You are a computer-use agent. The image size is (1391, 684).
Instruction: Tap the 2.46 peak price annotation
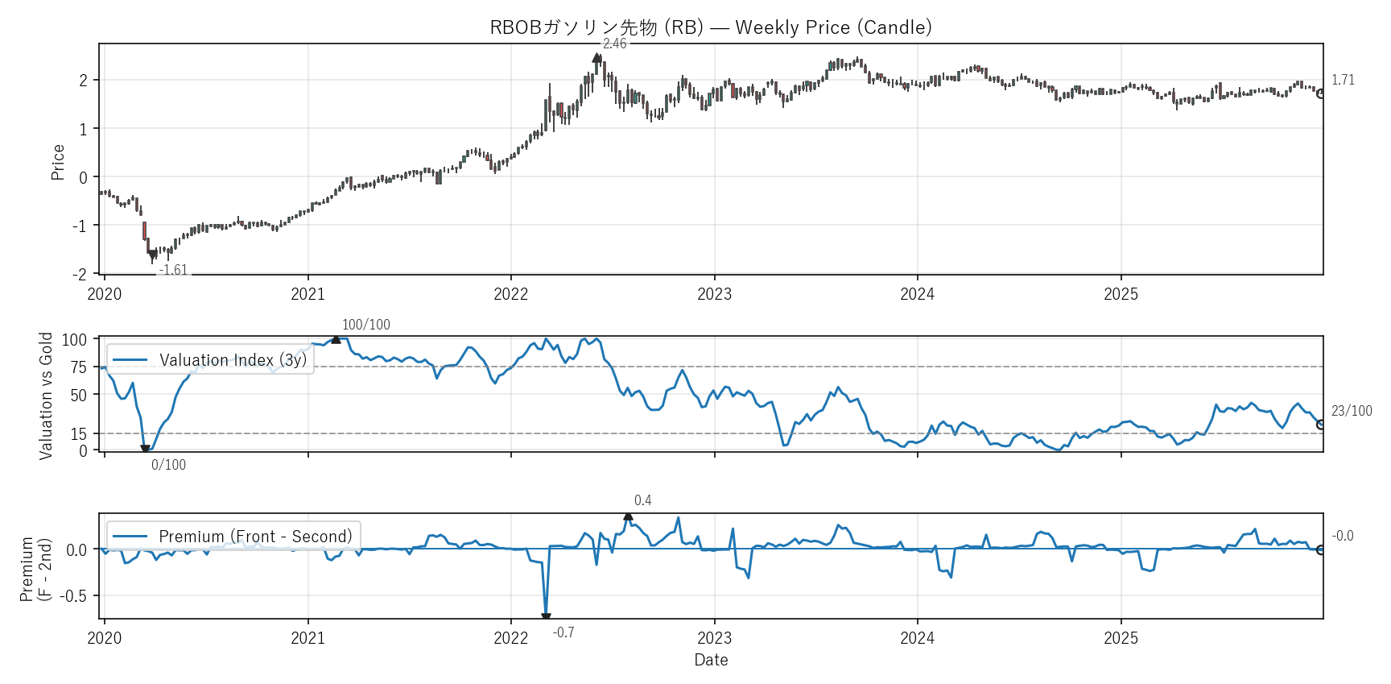coord(614,44)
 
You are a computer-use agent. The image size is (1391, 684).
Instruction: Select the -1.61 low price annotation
coord(173,271)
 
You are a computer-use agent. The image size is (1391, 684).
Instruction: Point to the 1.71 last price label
coord(1343,80)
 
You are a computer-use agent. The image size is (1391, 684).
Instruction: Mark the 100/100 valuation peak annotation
coord(365,325)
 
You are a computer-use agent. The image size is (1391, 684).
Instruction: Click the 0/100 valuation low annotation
coord(168,465)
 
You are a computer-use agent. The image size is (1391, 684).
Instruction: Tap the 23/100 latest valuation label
coord(1352,411)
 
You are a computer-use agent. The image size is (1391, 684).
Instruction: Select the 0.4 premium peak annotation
coord(642,500)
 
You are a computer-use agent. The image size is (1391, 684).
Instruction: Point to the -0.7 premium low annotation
coord(563,632)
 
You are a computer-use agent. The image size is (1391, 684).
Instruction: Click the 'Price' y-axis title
coord(58,162)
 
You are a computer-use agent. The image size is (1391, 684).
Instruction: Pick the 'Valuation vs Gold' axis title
coord(46,396)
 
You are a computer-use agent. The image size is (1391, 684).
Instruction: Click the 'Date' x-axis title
coord(711,660)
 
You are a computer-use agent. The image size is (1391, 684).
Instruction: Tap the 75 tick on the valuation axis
coord(78,367)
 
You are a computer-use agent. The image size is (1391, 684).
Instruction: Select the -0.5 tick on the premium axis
coord(76,595)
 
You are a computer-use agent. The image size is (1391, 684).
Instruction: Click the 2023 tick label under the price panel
coord(714,294)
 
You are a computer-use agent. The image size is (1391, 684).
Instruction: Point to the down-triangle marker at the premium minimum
coord(546,617)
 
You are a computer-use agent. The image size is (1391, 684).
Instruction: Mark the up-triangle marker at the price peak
coord(596,58)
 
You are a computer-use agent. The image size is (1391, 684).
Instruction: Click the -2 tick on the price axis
coord(80,275)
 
